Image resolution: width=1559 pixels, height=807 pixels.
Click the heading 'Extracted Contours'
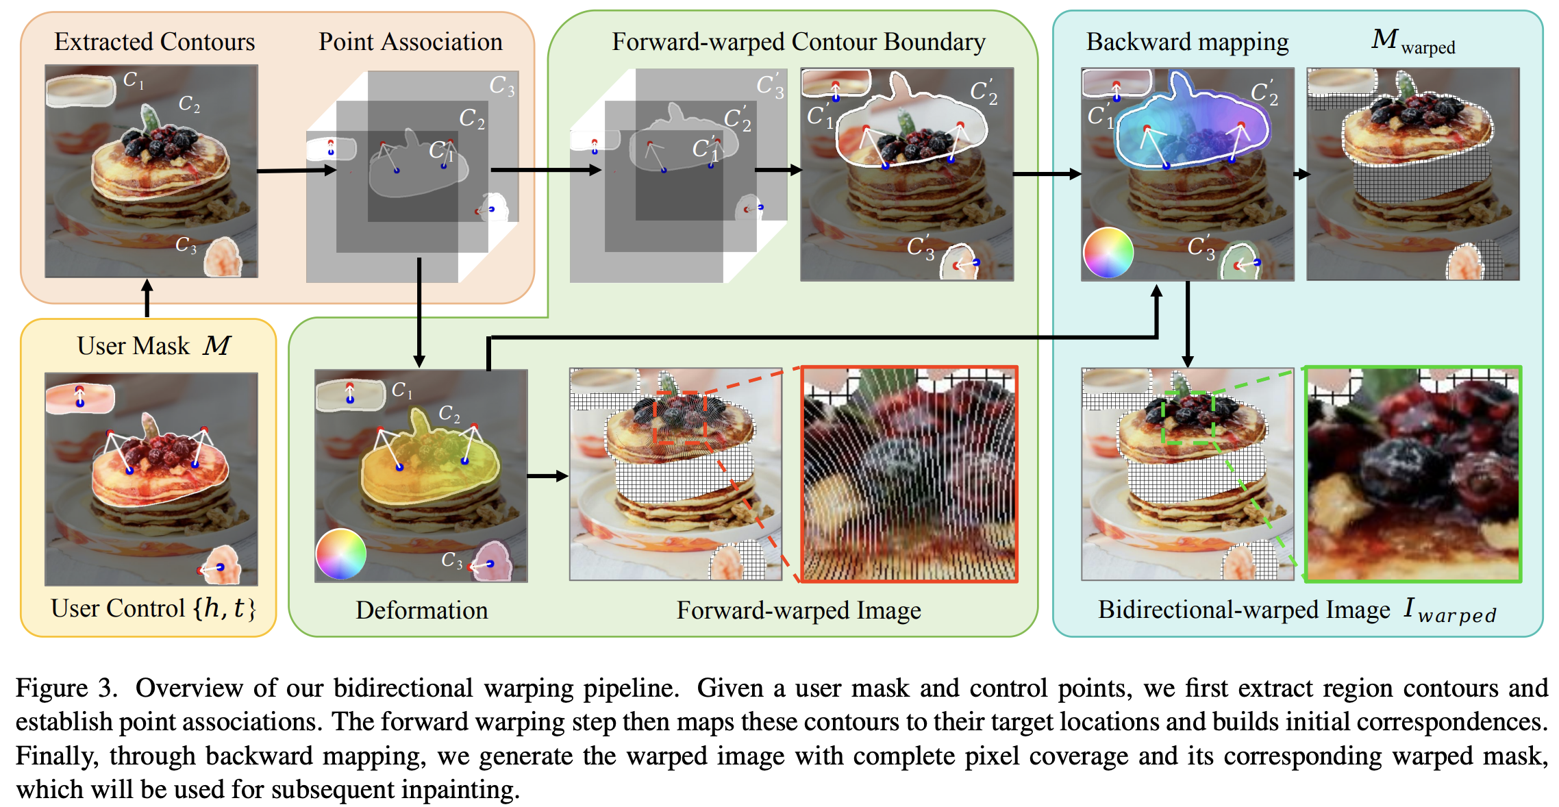point(155,42)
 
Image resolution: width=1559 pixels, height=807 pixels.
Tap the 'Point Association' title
point(410,42)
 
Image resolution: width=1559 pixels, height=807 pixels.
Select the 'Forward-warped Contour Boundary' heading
point(799,42)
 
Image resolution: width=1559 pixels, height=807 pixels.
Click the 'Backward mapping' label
point(1187,42)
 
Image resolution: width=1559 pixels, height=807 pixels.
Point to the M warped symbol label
point(1413,41)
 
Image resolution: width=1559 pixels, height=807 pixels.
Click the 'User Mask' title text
point(134,346)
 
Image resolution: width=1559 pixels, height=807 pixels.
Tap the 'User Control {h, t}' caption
point(153,608)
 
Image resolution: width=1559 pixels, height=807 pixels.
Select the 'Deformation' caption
point(422,610)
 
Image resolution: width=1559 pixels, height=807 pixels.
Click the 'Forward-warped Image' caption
point(799,610)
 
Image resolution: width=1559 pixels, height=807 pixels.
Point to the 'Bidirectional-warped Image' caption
point(1244,610)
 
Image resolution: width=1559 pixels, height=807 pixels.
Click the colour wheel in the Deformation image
point(341,554)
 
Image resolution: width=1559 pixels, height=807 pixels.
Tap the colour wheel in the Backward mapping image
point(1108,253)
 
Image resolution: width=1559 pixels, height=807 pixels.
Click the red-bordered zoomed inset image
point(910,474)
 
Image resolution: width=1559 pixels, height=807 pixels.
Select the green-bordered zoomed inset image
point(1414,474)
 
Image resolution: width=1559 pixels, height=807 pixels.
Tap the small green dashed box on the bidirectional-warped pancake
point(1188,418)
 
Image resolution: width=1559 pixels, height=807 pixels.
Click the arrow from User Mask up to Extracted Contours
point(147,299)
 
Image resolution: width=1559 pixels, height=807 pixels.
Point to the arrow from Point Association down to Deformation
point(419,312)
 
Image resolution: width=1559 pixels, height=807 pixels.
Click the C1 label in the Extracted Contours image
point(134,81)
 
